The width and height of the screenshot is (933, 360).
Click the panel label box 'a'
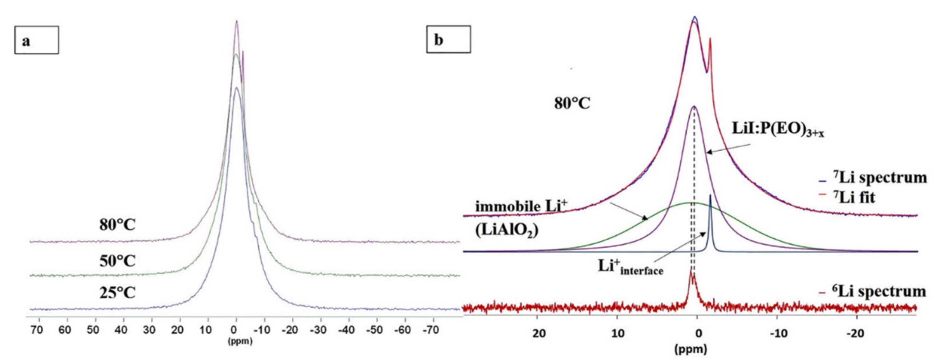click(37, 40)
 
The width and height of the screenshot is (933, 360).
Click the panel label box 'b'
click(448, 39)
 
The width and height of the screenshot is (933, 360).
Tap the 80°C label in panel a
click(117, 225)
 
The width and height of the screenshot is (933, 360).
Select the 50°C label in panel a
click(117, 260)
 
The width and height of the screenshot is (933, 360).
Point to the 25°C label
click(117, 292)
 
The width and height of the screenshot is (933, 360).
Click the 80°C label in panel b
click(572, 104)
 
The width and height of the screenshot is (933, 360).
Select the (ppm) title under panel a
click(240, 341)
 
